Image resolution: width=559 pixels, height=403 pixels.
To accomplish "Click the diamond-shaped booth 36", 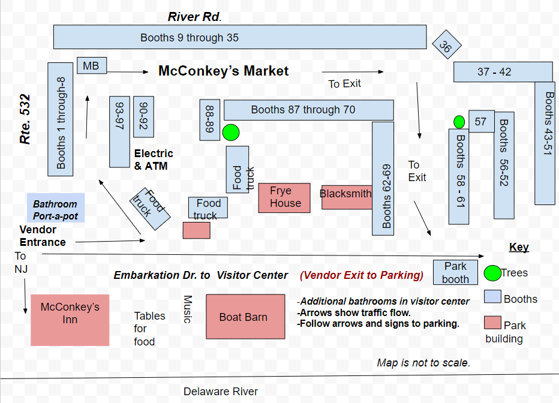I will click(x=445, y=45).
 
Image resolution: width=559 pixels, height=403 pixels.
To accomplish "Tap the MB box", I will click(x=91, y=65).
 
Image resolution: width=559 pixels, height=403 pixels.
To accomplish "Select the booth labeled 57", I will click(x=481, y=122).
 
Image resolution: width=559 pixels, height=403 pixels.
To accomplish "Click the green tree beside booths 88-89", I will click(x=231, y=133).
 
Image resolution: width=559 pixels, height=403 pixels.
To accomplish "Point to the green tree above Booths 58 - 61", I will click(x=459, y=122).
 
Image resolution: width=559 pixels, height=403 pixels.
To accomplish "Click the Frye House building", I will click(x=284, y=197).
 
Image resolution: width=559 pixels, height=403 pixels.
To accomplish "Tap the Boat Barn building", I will click(x=245, y=317).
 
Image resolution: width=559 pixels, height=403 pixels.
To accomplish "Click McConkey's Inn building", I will click(x=70, y=320).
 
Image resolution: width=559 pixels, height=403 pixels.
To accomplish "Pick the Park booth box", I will click(x=456, y=272).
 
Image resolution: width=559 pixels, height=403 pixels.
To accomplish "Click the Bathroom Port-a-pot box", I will click(x=56, y=209).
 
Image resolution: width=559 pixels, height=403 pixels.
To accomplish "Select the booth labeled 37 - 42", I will click(x=503, y=72).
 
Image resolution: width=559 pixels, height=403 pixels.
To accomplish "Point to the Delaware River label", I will click(x=220, y=392).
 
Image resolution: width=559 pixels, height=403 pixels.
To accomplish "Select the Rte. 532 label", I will click(x=25, y=119).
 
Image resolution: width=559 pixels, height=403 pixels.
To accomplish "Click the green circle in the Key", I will click(x=492, y=273).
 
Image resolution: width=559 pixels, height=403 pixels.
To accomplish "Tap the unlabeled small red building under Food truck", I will click(x=196, y=230).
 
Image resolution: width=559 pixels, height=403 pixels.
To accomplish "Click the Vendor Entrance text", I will click(x=42, y=236).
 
